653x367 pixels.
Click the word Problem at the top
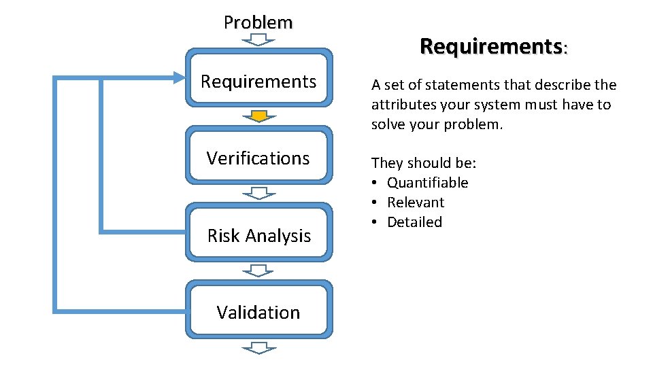coord(258,22)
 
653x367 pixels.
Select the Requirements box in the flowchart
coord(258,82)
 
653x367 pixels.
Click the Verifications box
coord(258,158)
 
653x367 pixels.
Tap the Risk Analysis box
coord(258,236)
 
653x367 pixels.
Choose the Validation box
coord(258,313)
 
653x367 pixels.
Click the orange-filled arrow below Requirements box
coord(258,116)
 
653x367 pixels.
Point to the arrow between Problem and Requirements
coord(258,39)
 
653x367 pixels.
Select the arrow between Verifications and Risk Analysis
coord(258,193)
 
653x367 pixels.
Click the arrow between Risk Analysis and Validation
coord(258,270)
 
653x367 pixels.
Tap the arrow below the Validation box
coord(258,347)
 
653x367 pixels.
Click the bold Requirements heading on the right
coord(491,46)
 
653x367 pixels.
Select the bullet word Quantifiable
coord(427,183)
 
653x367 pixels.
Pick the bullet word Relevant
coord(415,203)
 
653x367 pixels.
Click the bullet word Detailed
coord(414,222)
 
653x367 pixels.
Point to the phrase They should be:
coord(423,163)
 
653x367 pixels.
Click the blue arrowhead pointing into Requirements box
coord(178,78)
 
